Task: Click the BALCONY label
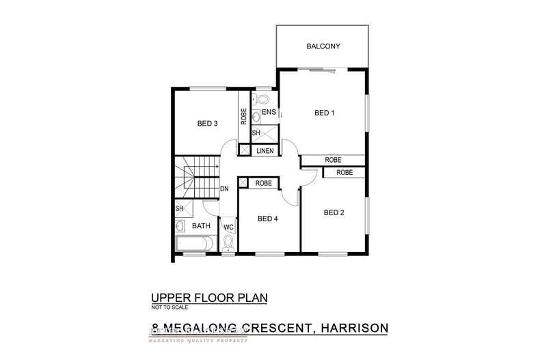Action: (x=323, y=46)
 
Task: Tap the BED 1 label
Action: (x=324, y=113)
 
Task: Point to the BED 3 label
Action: (x=207, y=124)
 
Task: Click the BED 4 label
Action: (x=267, y=219)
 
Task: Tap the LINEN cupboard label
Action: (x=266, y=150)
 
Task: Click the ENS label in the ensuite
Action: (x=268, y=112)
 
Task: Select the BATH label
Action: (x=201, y=225)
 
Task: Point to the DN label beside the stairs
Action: (x=224, y=189)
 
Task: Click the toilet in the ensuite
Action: (x=257, y=98)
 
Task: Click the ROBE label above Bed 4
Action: (x=264, y=183)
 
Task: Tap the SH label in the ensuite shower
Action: (x=256, y=133)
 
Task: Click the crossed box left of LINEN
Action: (x=244, y=150)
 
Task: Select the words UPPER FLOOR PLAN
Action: (x=208, y=298)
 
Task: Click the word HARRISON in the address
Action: (x=348, y=328)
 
